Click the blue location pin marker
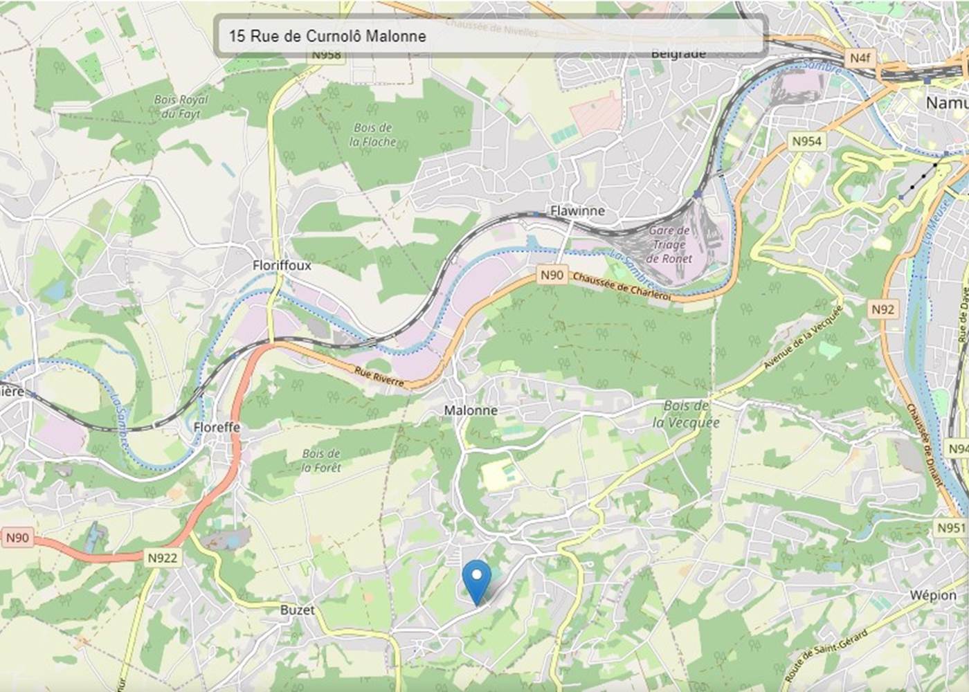click(476, 580)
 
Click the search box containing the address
click(490, 36)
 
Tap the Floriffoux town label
click(282, 265)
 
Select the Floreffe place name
click(217, 427)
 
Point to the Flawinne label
click(577, 210)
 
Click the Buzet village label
click(297, 610)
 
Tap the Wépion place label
click(933, 595)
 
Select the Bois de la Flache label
click(373, 135)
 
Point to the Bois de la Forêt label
click(321, 461)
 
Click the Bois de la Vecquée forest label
click(686, 414)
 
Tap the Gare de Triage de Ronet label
click(669, 244)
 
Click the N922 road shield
click(163, 558)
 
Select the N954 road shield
click(806, 141)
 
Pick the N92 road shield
click(882, 309)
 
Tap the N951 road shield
click(950, 528)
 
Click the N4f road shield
click(860, 57)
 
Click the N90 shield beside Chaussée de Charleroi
click(552, 275)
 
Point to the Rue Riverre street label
click(379, 376)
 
